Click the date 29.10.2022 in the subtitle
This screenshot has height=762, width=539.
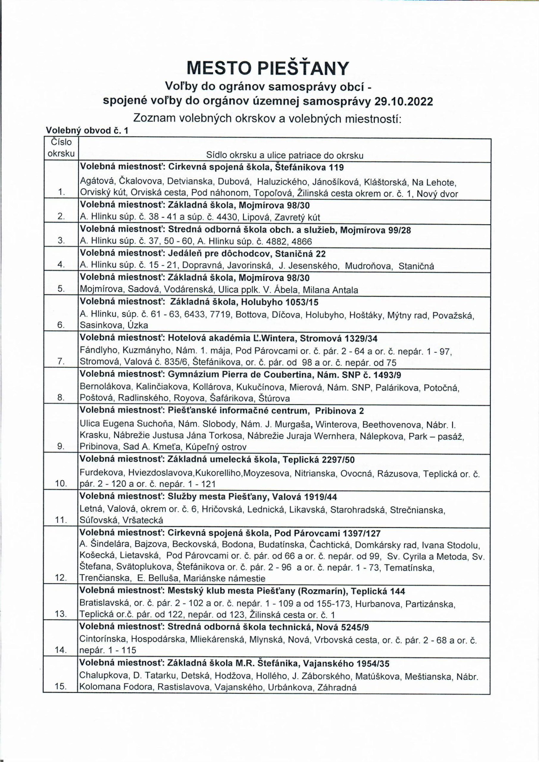tap(403, 101)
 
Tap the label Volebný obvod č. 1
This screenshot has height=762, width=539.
tap(87, 130)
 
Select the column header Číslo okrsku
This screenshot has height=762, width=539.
tap(61, 148)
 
